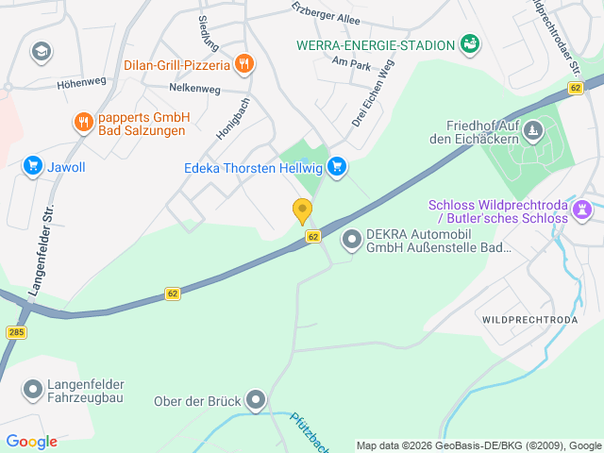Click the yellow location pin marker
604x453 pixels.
click(x=302, y=211)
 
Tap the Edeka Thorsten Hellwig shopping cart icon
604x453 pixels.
click(x=337, y=168)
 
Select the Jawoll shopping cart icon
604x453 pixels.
click(x=33, y=166)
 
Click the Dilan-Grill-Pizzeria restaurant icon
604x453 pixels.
click(x=244, y=64)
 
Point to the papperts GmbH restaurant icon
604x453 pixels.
click(x=83, y=122)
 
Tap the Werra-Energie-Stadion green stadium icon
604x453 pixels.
click(x=469, y=43)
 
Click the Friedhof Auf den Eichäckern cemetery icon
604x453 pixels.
click(x=533, y=128)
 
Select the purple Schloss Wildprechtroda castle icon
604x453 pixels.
click(x=583, y=207)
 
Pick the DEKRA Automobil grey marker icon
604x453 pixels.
click(x=352, y=241)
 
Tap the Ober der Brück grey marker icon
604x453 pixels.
click(x=256, y=400)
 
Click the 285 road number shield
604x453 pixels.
click(x=16, y=332)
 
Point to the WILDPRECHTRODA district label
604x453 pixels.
click(x=528, y=320)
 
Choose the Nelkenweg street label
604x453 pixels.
click(x=194, y=89)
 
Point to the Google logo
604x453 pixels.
click(x=31, y=442)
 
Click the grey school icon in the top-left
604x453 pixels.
click(x=41, y=51)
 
